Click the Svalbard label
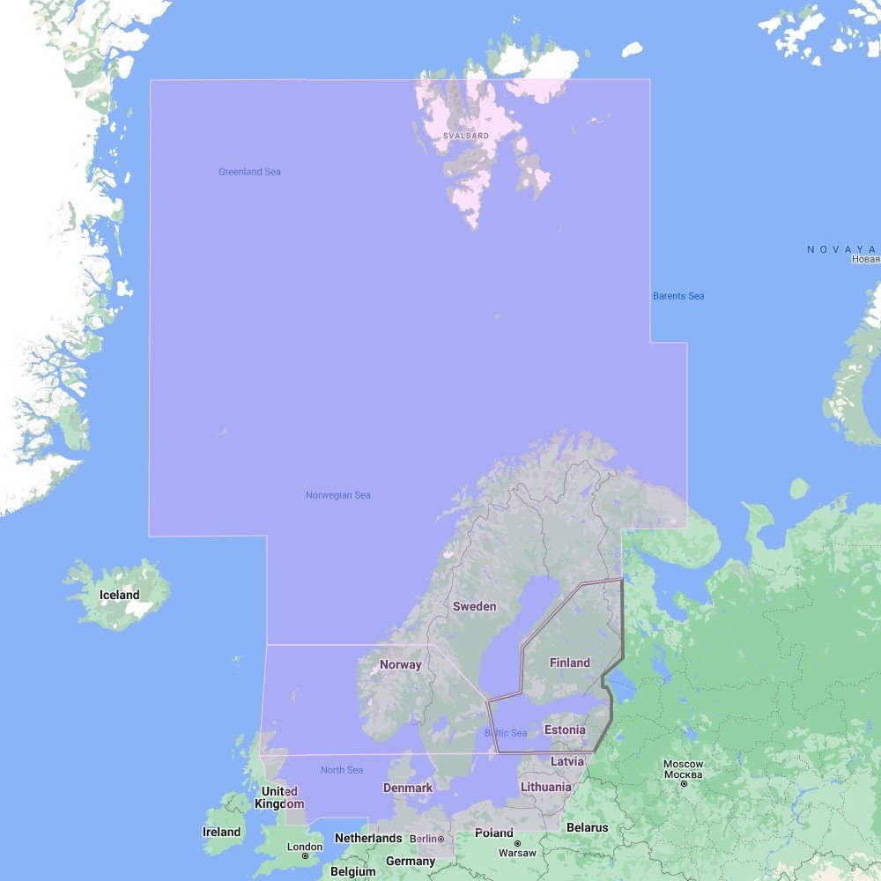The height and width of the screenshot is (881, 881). coord(466,136)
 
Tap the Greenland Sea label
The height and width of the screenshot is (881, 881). coord(249,172)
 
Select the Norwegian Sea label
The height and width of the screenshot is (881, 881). coord(337,495)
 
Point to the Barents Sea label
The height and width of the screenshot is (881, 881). coord(678,296)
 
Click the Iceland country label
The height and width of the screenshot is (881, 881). coord(119,595)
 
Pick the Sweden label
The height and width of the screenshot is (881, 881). coord(474,606)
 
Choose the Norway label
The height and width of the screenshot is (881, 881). coord(400,664)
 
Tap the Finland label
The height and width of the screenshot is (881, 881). coord(569,663)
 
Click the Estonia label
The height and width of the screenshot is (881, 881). coord(565,729)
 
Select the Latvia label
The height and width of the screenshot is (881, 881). coord(566,760)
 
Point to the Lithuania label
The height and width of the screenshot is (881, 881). coord(545,787)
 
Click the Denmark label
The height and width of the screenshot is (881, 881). coord(408,788)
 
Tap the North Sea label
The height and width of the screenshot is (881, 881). coord(342,770)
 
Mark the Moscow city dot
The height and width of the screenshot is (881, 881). coord(684,783)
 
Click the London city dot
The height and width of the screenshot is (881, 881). coord(305,855)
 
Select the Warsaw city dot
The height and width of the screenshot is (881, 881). coord(517,843)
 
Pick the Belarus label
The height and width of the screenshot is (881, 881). coord(587,827)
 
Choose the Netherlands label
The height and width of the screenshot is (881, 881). coord(367,838)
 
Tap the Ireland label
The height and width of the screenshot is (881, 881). coord(221,832)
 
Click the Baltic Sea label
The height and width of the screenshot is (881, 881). coord(506,733)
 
